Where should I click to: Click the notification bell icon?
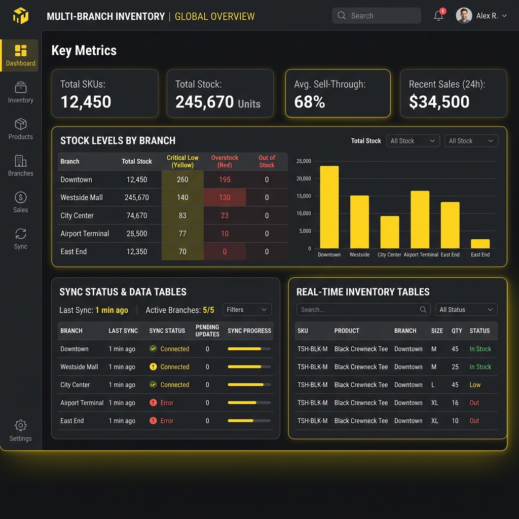pos(438,16)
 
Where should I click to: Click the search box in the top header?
pos(377,16)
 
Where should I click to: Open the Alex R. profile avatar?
pos(464,16)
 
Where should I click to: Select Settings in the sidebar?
pos(20,431)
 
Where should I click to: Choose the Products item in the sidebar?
pos(20,129)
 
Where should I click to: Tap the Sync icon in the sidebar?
pos(20,234)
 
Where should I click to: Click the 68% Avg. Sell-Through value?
pos(310,101)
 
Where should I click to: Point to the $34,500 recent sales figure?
pos(439,101)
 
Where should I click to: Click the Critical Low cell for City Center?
pos(182,215)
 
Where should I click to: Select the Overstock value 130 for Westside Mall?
pos(225,198)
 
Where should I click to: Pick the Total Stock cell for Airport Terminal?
pos(137,234)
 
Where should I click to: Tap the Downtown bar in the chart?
pos(329,207)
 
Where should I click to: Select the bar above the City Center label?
pos(390,232)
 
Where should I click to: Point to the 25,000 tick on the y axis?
pos(304,161)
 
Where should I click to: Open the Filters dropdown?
pos(247,310)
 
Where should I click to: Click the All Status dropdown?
pos(466,310)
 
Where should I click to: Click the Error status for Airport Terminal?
pos(167,403)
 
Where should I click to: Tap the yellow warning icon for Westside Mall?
pos(153,367)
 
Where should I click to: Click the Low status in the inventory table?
pos(475,385)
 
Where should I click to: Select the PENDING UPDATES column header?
pos(207,330)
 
